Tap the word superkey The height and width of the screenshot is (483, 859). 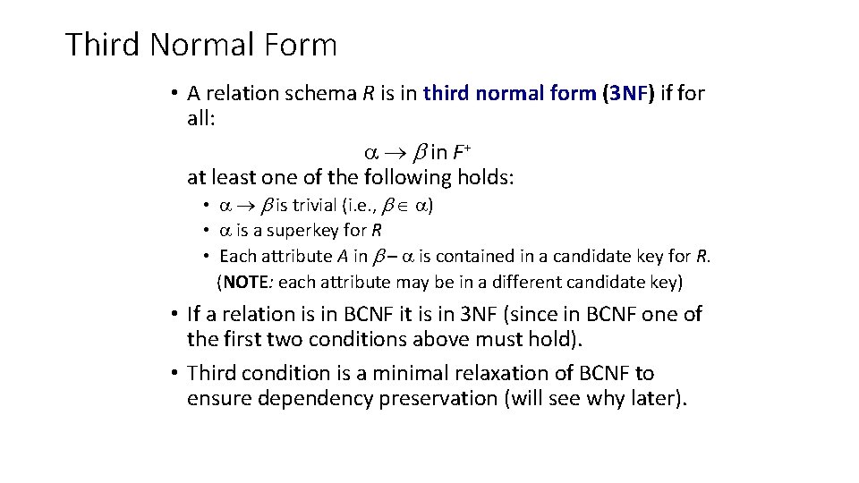(x=308, y=232)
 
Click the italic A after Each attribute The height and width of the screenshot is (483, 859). (x=343, y=257)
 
